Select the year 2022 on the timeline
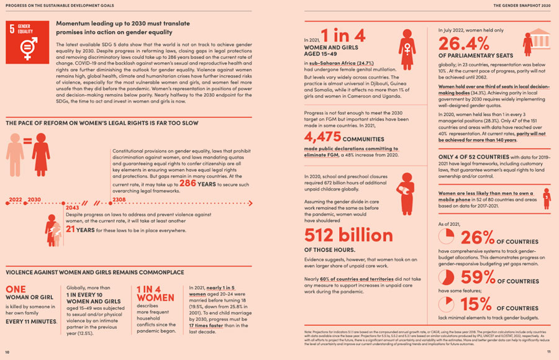click(15, 199)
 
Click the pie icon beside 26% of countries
click(447, 237)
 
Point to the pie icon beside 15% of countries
click(447, 304)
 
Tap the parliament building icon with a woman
click(535, 42)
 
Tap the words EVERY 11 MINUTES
click(30, 322)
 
